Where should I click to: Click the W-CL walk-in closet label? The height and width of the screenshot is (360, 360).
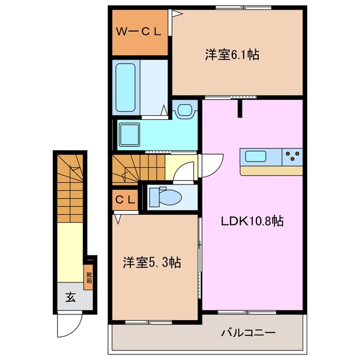tap(138, 32)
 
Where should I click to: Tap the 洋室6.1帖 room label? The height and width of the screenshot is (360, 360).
tap(231, 55)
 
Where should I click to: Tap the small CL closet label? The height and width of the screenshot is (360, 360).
tap(125, 199)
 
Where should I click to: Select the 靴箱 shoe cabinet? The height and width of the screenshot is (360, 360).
tap(89, 277)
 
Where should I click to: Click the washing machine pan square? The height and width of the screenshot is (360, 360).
tap(132, 134)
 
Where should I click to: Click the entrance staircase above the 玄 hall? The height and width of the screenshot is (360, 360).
tap(70, 188)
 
